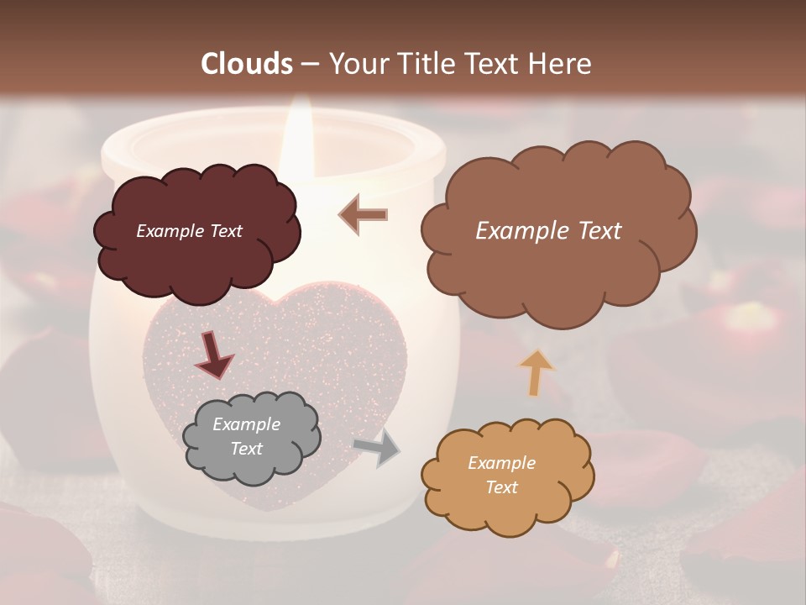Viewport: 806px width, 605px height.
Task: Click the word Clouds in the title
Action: coord(247,64)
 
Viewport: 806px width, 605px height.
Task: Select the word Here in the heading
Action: coord(560,64)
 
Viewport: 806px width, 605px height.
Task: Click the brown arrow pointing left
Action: coord(364,214)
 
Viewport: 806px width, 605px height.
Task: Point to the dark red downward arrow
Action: coord(213,355)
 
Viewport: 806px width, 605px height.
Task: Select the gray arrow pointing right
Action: coord(377,448)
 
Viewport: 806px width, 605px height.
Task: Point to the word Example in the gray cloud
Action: coord(247,424)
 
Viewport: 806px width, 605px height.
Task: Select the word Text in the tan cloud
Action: coord(502,487)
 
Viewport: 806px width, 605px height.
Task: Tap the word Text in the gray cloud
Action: coord(247,449)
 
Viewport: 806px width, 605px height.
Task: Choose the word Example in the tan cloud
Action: coord(502,463)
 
